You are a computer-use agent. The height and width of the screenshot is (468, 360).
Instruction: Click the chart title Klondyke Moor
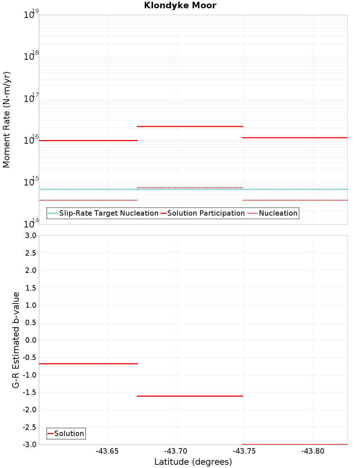click(x=180, y=5)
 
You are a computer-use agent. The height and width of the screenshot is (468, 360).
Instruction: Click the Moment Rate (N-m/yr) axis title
click(x=6, y=120)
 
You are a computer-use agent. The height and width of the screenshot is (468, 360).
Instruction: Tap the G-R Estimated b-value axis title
click(x=16, y=340)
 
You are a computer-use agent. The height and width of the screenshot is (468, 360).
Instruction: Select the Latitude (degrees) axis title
click(x=193, y=462)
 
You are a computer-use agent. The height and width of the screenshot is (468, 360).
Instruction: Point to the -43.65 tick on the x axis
click(x=107, y=451)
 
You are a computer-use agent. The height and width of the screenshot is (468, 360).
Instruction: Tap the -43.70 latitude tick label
click(x=176, y=451)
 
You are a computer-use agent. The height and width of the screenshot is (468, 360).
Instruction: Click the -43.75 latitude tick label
click(x=244, y=451)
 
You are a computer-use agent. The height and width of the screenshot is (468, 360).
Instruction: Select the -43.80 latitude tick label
click(x=313, y=451)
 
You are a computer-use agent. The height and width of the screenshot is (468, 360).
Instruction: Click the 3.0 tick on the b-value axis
click(x=30, y=235)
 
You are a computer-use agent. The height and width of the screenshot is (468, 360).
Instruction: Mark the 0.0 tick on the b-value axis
click(x=30, y=340)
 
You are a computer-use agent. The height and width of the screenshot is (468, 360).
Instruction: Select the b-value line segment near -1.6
click(x=190, y=396)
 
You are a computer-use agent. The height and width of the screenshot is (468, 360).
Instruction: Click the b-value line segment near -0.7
click(x=88, y=364)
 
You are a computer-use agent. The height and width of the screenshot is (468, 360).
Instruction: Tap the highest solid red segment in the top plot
click(x=190, y=126)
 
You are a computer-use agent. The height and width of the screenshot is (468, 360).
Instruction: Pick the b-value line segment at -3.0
click(x=294, y=444)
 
